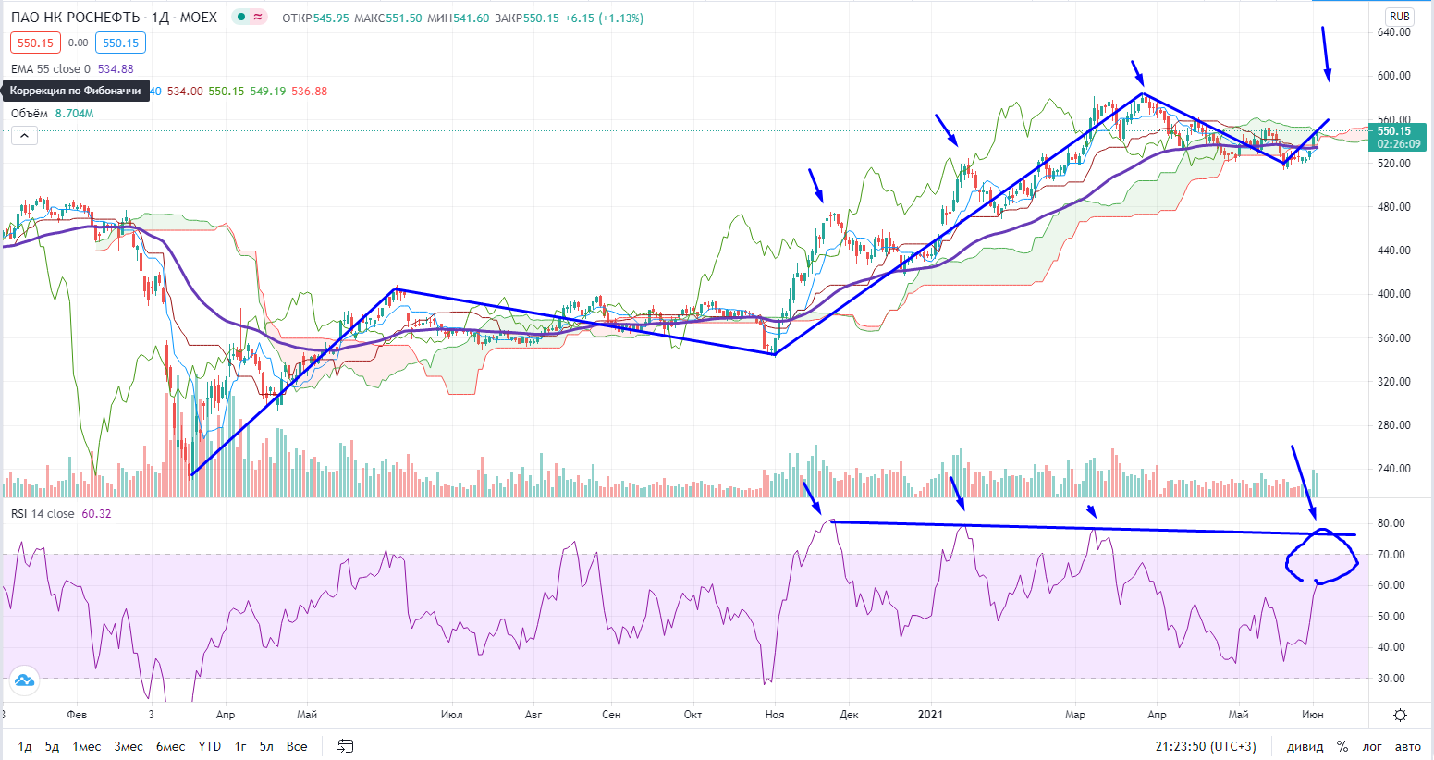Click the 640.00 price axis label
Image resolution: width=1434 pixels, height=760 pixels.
click(x=1393, y=32)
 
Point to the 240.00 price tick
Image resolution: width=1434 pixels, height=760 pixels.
click(x=1393, y=469)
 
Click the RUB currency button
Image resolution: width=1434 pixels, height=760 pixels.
click(x=1399, y=17)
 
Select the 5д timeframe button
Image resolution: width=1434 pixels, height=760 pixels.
click(x=53, y=746)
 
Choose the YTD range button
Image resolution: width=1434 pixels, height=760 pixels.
click(x=210, y=746)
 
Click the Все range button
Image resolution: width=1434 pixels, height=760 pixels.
click(x=297, y=746)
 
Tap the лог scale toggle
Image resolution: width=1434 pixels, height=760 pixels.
click(x=1372, y=746)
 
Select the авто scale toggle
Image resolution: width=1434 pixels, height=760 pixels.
click(x=1407, y=746)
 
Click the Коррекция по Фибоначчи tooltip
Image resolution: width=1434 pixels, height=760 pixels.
click(x=76, y=91)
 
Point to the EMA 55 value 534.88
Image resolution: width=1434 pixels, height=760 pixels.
click(x=116, y=69)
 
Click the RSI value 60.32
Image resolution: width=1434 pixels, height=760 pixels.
click(x=96, y=514)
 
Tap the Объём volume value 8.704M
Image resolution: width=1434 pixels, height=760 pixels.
click(x=74, y=114)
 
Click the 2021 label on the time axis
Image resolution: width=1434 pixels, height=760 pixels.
click(x=930, y=715)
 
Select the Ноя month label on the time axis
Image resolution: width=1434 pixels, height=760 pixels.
click(x=775, y=715)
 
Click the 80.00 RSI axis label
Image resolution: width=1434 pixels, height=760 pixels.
click(x=1391, y=523)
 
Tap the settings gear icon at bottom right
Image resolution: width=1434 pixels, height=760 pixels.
click(x=1400, y=715)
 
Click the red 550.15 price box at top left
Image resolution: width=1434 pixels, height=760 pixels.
click(x=35, y=43)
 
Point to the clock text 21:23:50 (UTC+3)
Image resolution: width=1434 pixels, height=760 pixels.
click(x=1206, y=746)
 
